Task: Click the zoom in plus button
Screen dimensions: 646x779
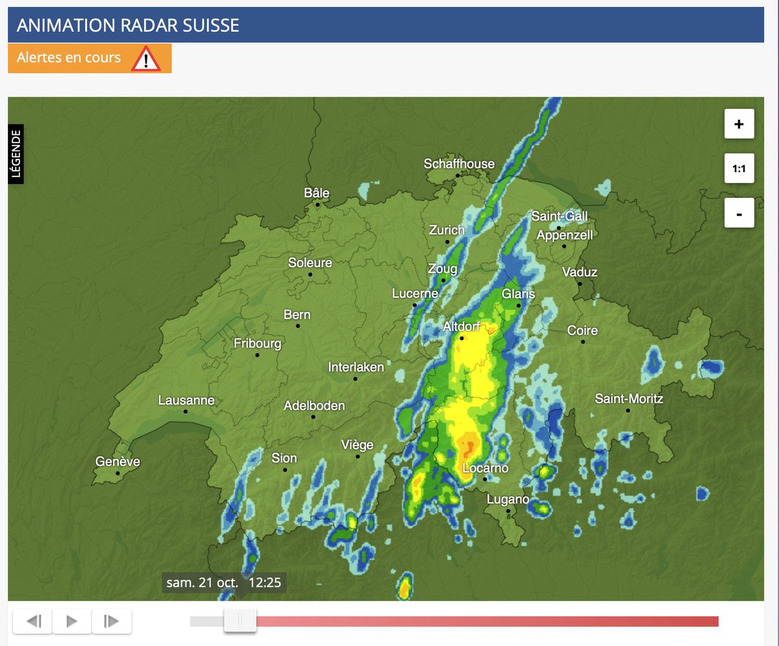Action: [x=739, y=124]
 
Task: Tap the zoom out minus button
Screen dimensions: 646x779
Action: [x=739, y=213]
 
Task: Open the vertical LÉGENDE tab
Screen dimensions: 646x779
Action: [x=16, y=154]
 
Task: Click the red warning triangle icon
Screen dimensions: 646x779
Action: [x=146, y=59]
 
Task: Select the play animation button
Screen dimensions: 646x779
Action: [x=72, y=621]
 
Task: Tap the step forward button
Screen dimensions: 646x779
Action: [x=112, y=621]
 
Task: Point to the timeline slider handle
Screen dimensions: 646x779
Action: [x=240, y=621]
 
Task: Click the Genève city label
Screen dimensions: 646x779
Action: [x=117, y=462]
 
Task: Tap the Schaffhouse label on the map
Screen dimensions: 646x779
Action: [x=459, y=164]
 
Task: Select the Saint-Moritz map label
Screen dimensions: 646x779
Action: [x=629, y=398]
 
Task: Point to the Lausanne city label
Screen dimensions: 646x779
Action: [x=186, y=400]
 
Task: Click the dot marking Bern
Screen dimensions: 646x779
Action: [x=298, y=326]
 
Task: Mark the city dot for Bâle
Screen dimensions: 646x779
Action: [x=318, y=204]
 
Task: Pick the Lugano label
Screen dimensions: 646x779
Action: [x=508, y=499]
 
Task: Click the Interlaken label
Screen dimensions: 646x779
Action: [x=356, y=367]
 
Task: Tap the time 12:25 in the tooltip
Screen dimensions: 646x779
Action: [x=264, y=582]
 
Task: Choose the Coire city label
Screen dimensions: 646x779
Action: [x=582, y=330]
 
